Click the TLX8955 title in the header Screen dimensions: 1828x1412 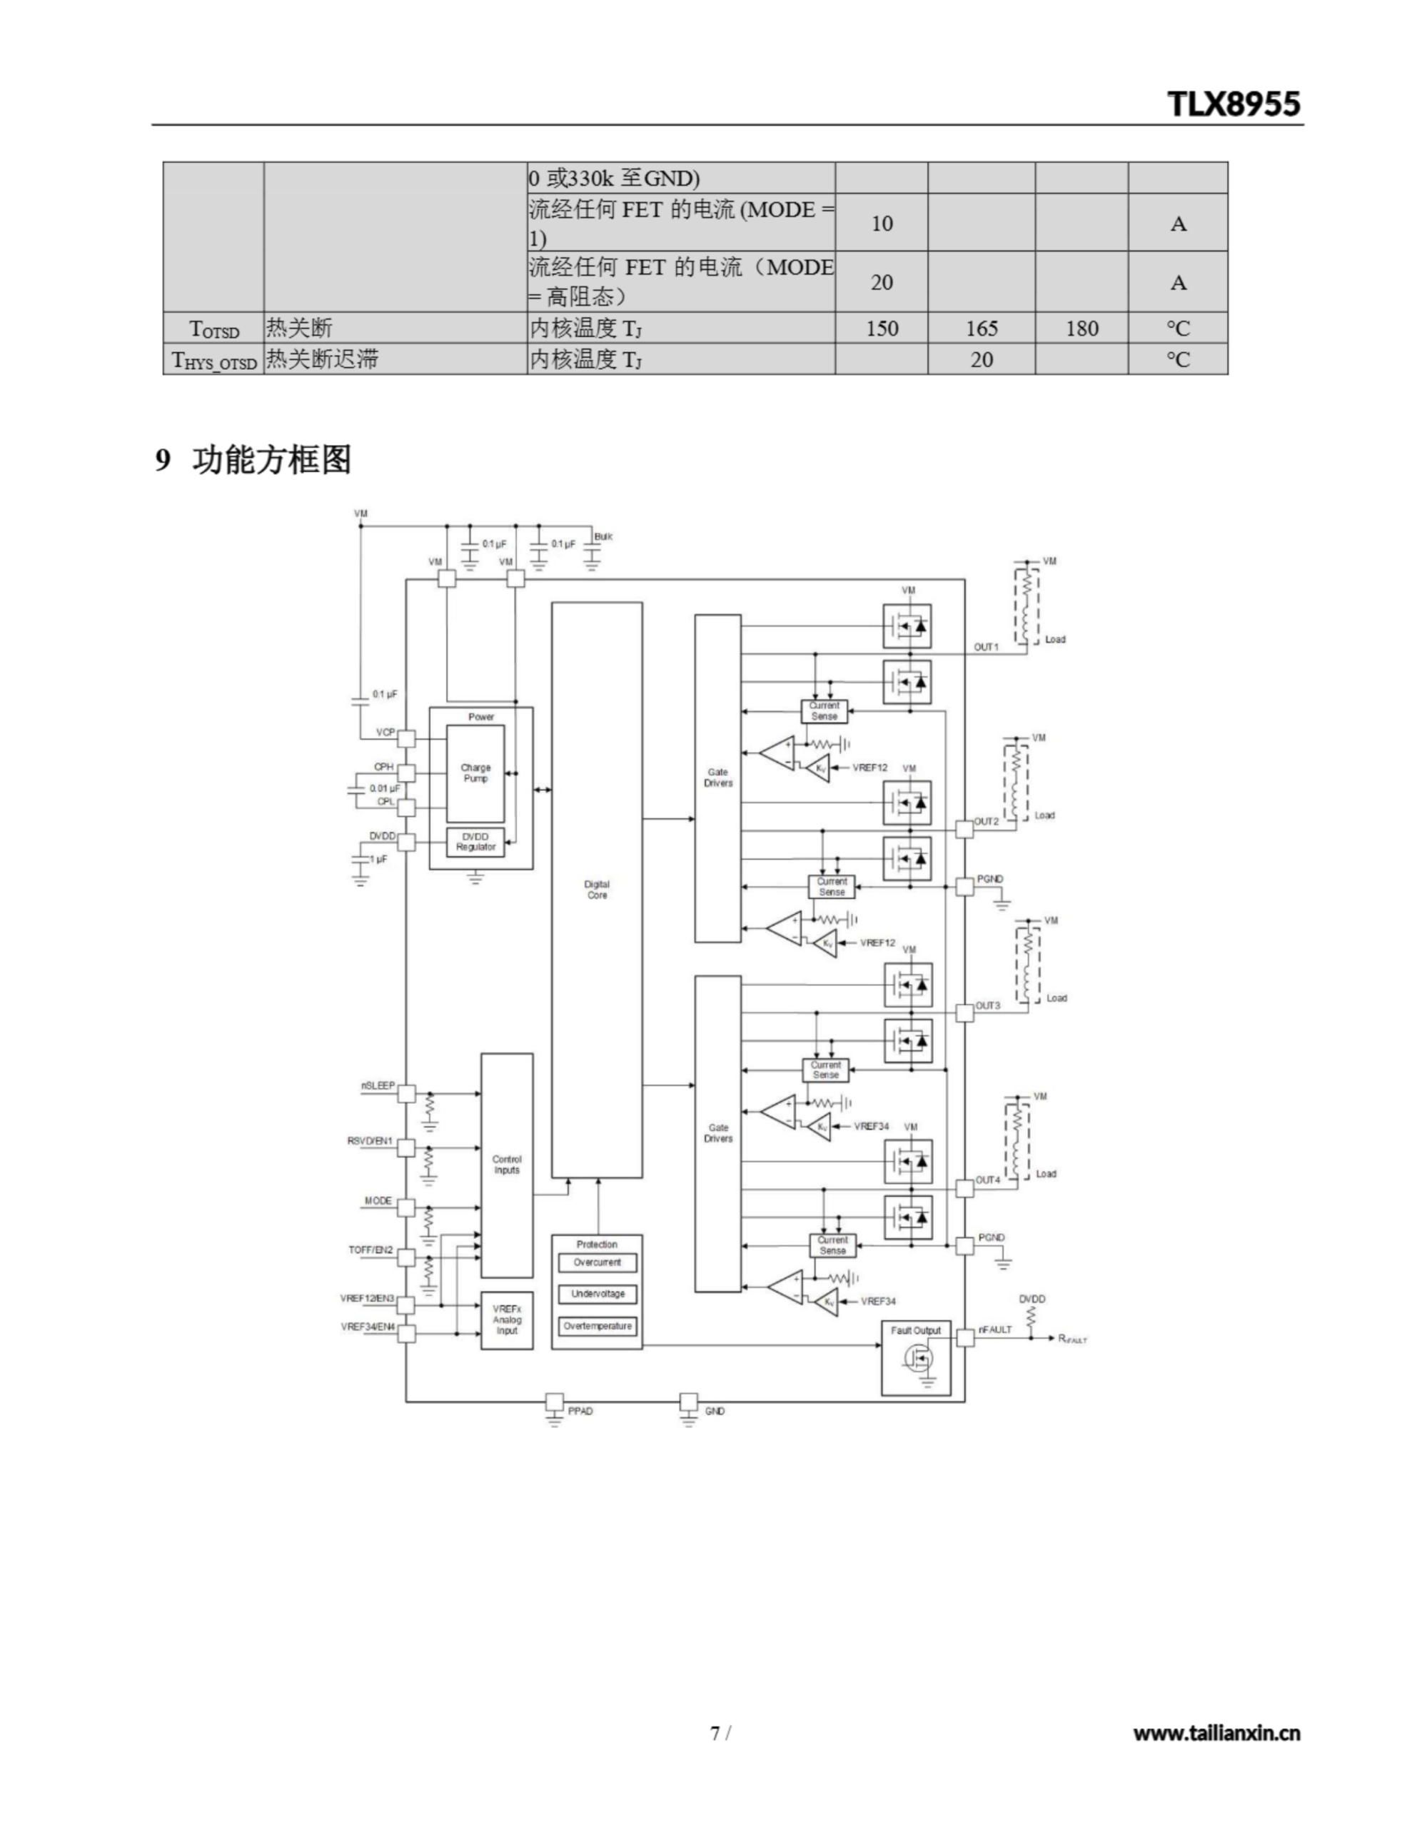tap(1233, 104)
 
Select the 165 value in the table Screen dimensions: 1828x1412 tap(981, 328)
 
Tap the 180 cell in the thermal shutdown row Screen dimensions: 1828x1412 tap(1081, 328)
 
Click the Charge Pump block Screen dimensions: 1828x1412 tap(475, 773)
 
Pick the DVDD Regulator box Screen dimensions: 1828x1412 tap(475, 842)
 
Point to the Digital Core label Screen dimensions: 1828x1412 tap(597, 889)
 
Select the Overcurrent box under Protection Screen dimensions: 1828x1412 tap(597, 1262)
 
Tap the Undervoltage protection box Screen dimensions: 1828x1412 tap(597, 1294)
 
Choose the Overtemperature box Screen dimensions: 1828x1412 tap(597, 1326)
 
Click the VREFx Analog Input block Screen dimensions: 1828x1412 tap(506, 1320)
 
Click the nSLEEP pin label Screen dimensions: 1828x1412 tap(378, 1085)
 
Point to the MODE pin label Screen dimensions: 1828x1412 tap(378, 1200)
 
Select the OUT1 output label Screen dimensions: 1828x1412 tap(986, 647)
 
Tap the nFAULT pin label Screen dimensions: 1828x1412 tap(995, 1329)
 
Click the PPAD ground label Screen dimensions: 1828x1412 tap(580, 1411)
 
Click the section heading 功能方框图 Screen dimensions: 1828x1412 tap(271, 460)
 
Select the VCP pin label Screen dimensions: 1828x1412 tap(385, 733)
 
